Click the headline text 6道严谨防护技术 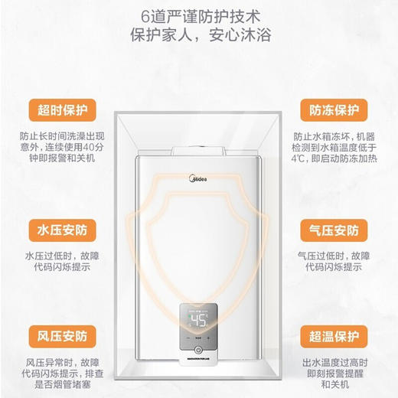tap(199, 16)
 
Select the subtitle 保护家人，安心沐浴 tap(199, 38)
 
